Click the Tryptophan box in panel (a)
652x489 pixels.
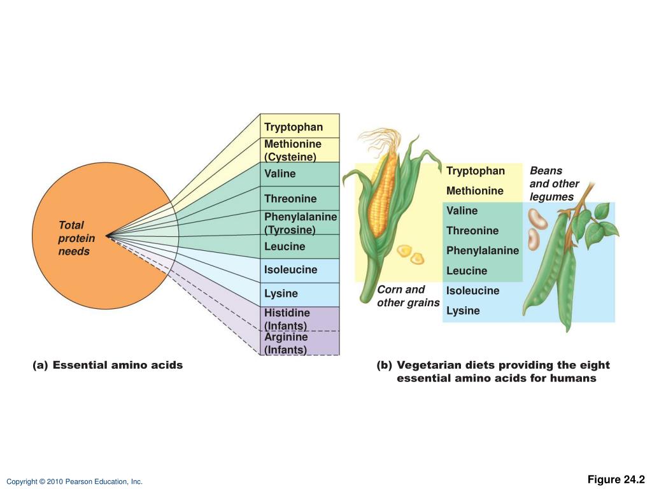[x=300, y=125]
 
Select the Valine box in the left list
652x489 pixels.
[x=300, y=174]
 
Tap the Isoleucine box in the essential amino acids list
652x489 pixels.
[x=300, y=271]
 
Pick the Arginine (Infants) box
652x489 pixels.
[x=300, y=343]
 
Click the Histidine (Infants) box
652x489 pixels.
[x=300, y=319]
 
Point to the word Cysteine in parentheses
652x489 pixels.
[x=290, y=157]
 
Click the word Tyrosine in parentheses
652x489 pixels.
[x=290, y=230]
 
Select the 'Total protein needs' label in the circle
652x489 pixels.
[x=76, y=238]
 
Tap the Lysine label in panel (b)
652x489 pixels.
[x=463, y=311]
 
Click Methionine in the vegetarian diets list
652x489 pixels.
[x=474, y=190]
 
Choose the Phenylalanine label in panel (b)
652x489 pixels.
[x=483, y=250]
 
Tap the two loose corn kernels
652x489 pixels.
[x=411, y=255]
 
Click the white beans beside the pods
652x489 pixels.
[x=537, y=229]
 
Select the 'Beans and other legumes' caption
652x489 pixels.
[x=554, y=184]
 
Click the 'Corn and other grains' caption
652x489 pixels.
[x=408, y=296]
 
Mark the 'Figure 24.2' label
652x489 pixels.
[x=616, y=479]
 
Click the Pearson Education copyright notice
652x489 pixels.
[x=74, y=481]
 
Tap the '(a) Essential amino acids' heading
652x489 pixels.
[x=108, y=365]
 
